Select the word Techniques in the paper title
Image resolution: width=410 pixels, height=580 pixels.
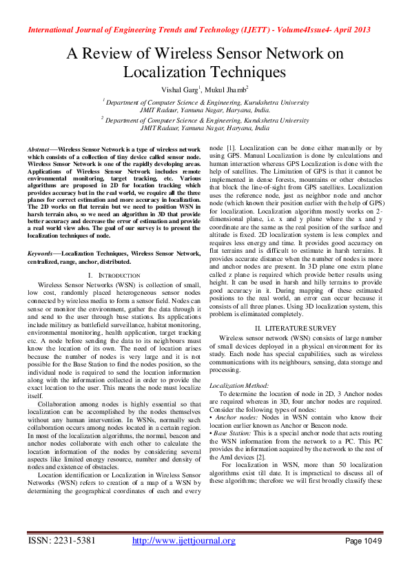[x=246, y=71]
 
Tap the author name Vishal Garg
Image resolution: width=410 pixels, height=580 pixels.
[x=178, y=90]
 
